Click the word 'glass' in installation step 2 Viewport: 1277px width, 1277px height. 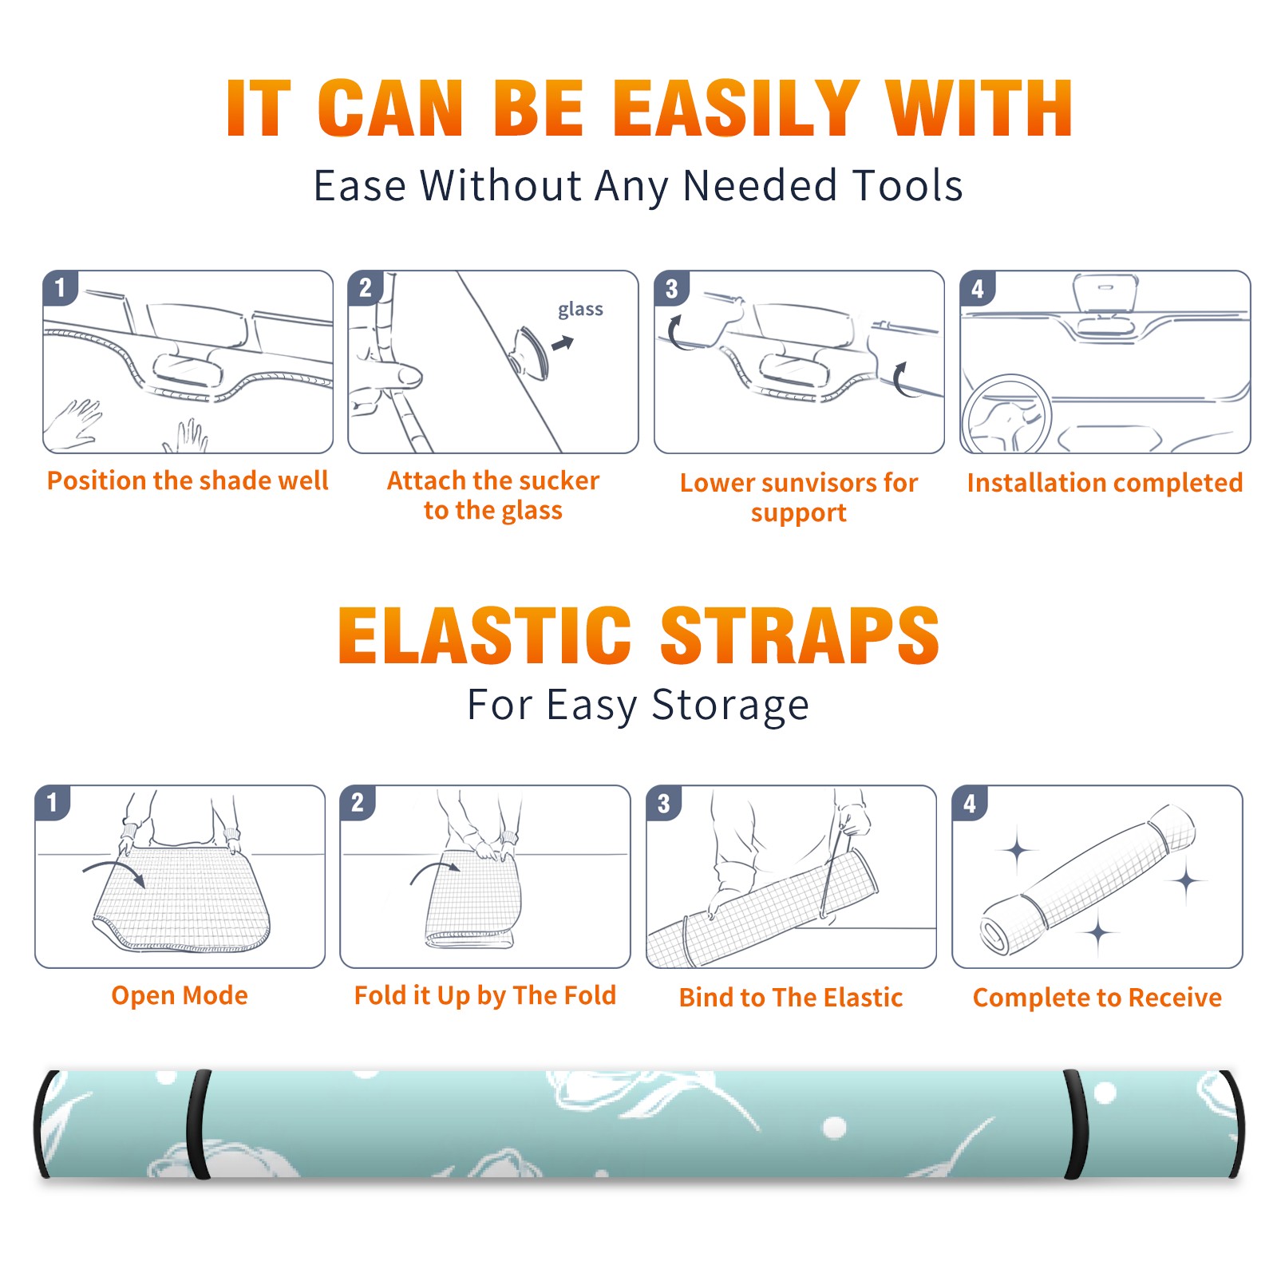click(x=580, y=310)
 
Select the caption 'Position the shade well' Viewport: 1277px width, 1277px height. click(x=188, y=480)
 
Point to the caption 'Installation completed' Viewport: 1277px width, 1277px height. click(x=1105, y=482)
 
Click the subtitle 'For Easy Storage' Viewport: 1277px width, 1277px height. click(x=638, y=705)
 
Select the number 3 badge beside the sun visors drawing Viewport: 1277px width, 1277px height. click(x=671, y=288)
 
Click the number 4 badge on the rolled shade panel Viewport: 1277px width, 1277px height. click(x=970, y=803)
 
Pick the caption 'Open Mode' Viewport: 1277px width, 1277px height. click(x=180, y=995)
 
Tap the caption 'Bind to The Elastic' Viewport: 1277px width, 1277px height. click(x=791, y=998)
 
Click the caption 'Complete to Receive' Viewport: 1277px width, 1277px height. click(x=1097, y=998)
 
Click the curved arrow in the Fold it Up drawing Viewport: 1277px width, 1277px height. click(x=435, y=867)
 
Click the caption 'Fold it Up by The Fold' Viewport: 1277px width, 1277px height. click(x=485, y=995)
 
